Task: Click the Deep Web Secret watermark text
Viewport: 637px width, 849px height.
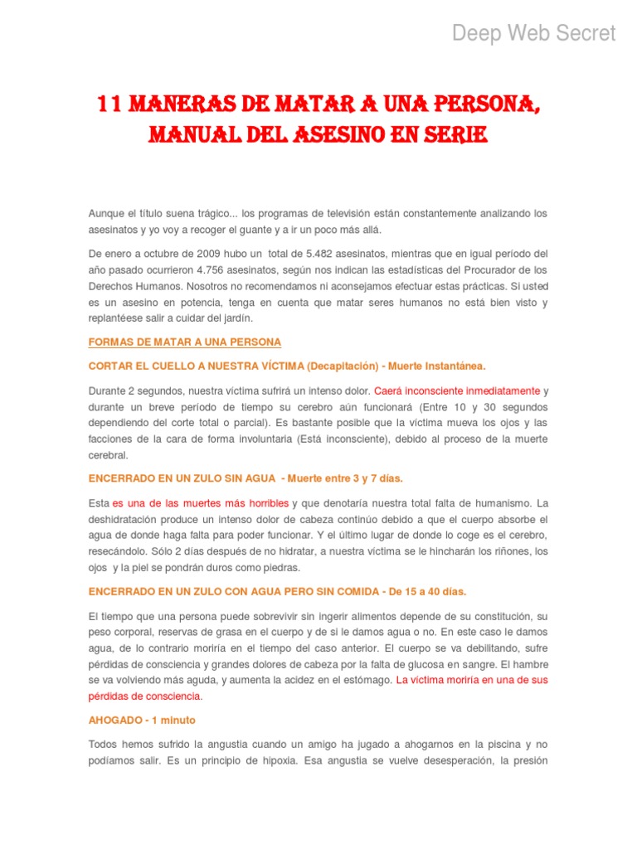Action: click(x=533, y=33)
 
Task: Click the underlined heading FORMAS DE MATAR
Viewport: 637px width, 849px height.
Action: click(x=185, y=342)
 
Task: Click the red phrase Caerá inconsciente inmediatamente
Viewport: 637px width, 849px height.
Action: click(x=457, y=390)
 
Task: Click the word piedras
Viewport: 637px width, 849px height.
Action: click(x=278, y=568)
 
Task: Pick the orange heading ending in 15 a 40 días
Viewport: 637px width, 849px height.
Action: click(x=277, y=591)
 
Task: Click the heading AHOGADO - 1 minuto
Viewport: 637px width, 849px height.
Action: click(x=142, y=720)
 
